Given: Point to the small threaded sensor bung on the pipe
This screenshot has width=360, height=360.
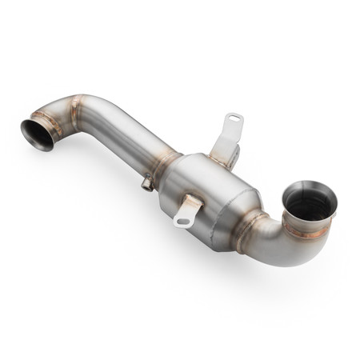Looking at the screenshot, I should tap(146, 184).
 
